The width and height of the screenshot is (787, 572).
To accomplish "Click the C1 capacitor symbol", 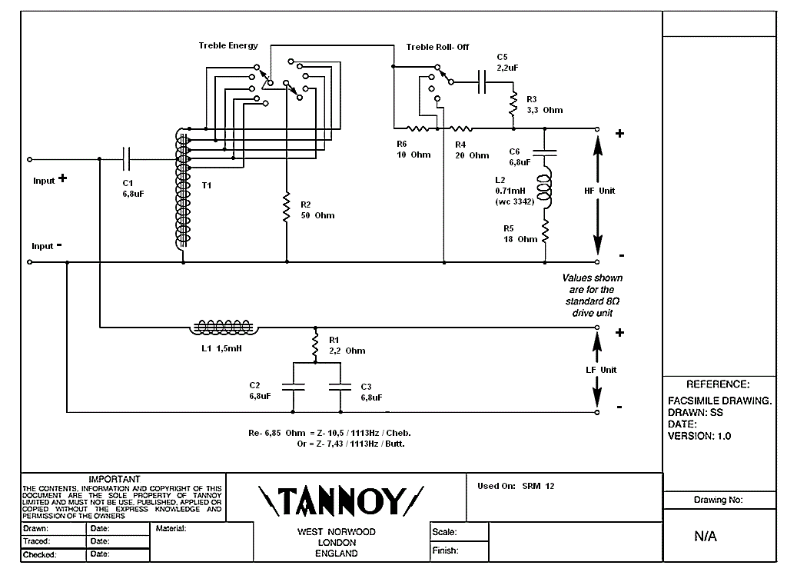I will [128, 159].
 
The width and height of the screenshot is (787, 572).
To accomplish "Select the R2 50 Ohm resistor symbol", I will [286, 208].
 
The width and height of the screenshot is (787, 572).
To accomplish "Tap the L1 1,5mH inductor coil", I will [224, 328].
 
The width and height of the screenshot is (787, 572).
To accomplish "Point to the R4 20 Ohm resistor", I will [460, 128].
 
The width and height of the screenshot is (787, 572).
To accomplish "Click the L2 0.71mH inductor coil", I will [545, 190].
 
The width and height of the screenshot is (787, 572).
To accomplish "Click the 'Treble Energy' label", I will [228, 46].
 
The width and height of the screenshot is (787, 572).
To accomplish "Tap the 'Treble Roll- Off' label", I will [437, 48].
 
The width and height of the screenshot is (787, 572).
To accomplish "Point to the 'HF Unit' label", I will [599, 191].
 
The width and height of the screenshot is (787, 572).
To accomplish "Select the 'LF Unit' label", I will [601, 370].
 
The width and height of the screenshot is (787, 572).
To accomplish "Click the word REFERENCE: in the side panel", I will [718, 384].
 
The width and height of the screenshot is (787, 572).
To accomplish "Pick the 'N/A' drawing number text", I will [706, 537].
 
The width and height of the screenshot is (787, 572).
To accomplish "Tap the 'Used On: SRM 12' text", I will [515, 486].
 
